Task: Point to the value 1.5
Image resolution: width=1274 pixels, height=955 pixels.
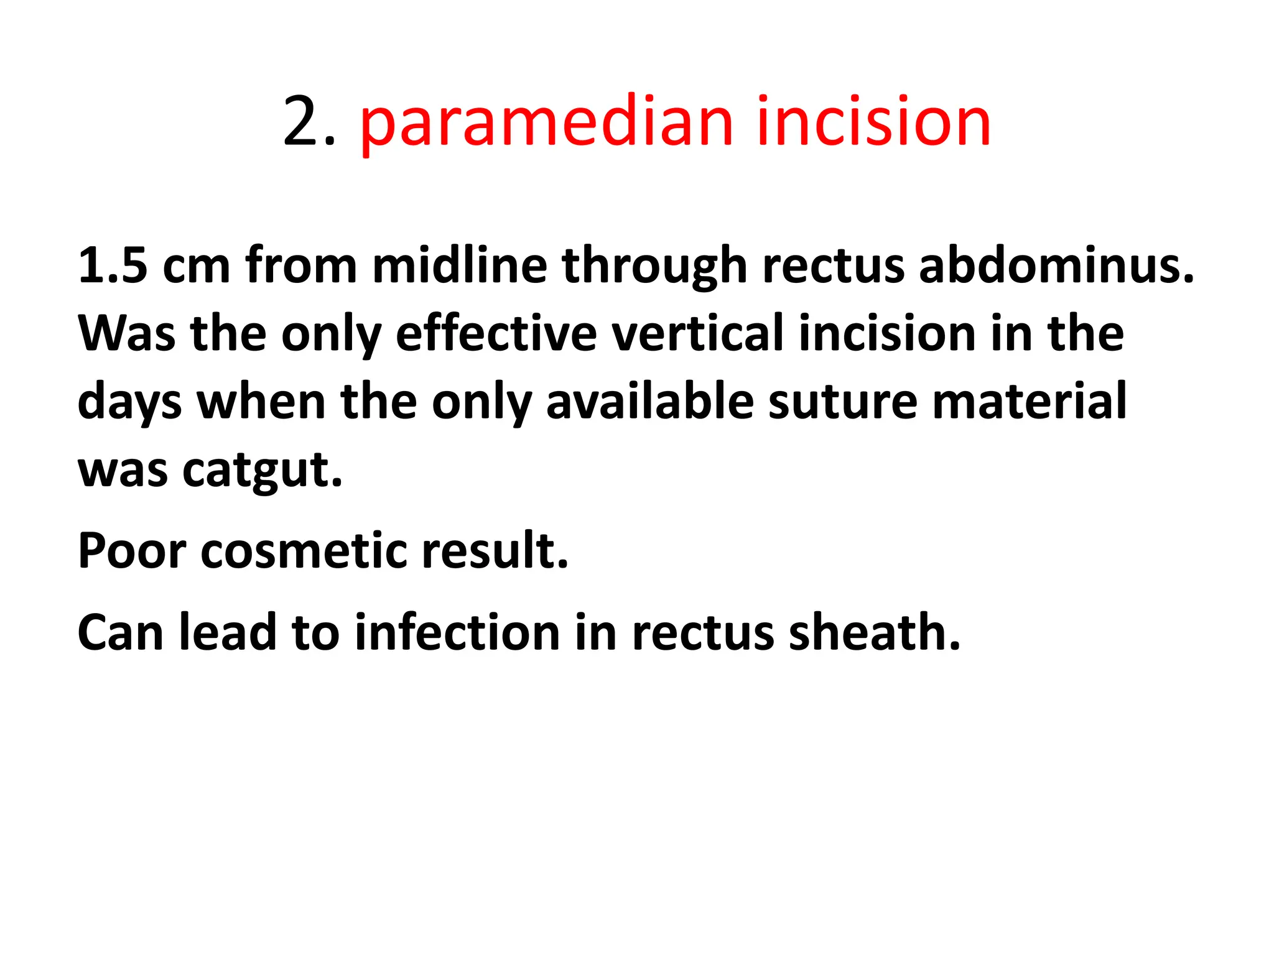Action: pyautogui.click(x=113, y=265)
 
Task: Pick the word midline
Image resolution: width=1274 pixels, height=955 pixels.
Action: pyautogui.click(x=459, y=265)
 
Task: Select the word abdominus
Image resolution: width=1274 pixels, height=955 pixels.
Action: pyautogui.click(x=1056, y=265)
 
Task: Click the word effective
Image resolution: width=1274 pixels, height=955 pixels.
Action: pyautogui.click(x=496, y=334)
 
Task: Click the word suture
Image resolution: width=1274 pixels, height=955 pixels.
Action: pyautogui.click(x=842, y=402)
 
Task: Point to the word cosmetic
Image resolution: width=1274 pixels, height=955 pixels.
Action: pyautogui.click(x=303, y=551)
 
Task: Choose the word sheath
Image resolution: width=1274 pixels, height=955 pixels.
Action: pyautogui.click(x=874, y=633)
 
